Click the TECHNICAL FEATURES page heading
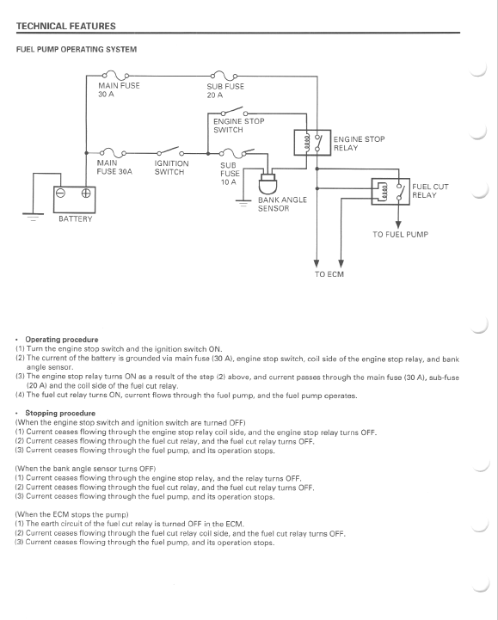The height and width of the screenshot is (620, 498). click(65, 26)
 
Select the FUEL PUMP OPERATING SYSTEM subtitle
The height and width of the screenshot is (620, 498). click(77, 49)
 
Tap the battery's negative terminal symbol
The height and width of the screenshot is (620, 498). click(60, 193)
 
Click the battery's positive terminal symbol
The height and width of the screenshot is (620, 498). click(86, 193)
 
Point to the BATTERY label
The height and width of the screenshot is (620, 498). click(75, 219)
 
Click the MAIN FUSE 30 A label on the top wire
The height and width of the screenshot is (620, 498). click(119, 89)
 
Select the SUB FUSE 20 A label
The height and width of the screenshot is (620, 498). click(225, 90)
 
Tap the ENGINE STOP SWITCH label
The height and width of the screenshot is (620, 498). click(238, 126)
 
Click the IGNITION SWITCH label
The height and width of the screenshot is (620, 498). click(171, 168)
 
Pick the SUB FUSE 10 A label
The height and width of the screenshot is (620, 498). click(230, 174)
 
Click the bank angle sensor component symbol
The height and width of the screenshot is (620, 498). click(267, 183)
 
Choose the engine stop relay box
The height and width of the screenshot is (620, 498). click(312, 143)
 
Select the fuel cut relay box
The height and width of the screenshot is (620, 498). click(390, 192)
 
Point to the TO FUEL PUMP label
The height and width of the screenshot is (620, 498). click(400, 235)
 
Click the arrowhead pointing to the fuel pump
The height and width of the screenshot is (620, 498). click(398, 225)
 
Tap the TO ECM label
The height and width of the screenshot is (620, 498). click(329, 274)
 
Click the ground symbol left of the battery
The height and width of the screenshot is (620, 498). click(33, 217)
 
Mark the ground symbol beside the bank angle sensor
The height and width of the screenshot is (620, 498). click(243, 203)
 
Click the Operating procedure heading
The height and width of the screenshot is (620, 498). click(62, 340)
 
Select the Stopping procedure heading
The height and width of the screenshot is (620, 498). click(60, 414)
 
